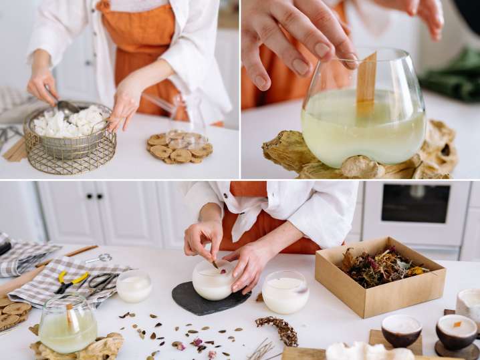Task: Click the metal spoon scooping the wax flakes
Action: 66,106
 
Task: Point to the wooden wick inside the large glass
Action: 366,83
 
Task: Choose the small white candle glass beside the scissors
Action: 134,287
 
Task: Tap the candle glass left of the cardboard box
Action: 285,293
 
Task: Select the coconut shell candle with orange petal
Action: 456,331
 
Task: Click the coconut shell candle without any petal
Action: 401,330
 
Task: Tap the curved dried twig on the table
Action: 277,330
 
